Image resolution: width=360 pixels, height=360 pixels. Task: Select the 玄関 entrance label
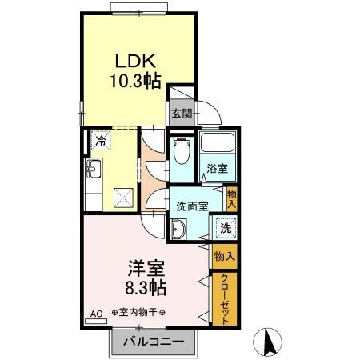tap(181, 114)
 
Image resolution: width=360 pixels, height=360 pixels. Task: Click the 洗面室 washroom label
tap(192, 206)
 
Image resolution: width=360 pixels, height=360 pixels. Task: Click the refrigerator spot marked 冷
tap(100, 141)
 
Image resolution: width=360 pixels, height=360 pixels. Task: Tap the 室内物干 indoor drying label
tap(139, 313)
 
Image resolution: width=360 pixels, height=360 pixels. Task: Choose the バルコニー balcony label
tap(153, 342)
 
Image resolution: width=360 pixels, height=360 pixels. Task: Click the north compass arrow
tap(269, 342)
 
